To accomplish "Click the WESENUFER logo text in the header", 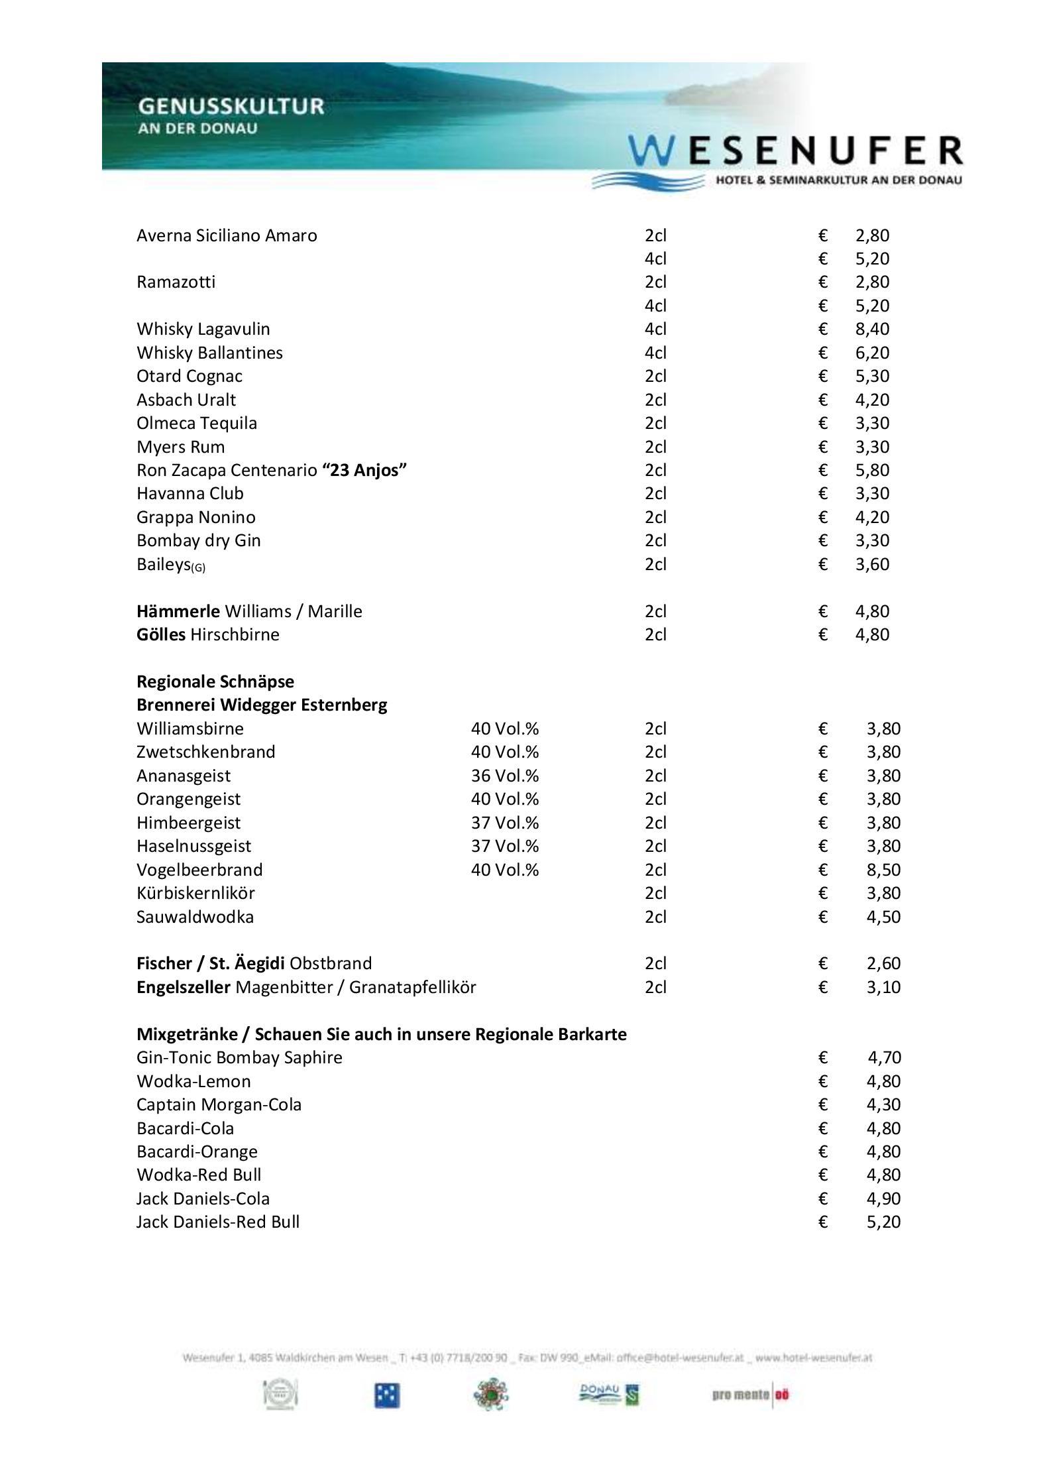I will [795, 151].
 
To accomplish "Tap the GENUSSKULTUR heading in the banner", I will [231, 106].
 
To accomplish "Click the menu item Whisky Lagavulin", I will [203, 329].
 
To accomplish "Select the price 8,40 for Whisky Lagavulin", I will [871, 329].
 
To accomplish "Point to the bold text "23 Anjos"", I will [364, 470].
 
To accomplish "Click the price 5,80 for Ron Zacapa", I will [871, 470].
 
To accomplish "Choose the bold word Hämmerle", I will [178, 611].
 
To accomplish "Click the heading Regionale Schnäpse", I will [215, 681].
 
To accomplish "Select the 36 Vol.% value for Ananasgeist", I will [504, 776].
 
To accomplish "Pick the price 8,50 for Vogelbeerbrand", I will [883, 870].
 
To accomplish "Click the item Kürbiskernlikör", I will [195, 893].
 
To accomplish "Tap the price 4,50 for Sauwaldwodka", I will [883, 917].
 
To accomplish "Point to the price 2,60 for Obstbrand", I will [883, 963].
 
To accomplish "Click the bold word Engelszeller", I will [184, 987].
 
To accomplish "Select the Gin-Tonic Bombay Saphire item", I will [239, 1057].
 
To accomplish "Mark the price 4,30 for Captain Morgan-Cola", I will [883, 1104].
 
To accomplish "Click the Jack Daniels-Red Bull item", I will [218, 1222].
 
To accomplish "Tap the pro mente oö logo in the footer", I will [751, 1395].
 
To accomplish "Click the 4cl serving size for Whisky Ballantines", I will [655, 353].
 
